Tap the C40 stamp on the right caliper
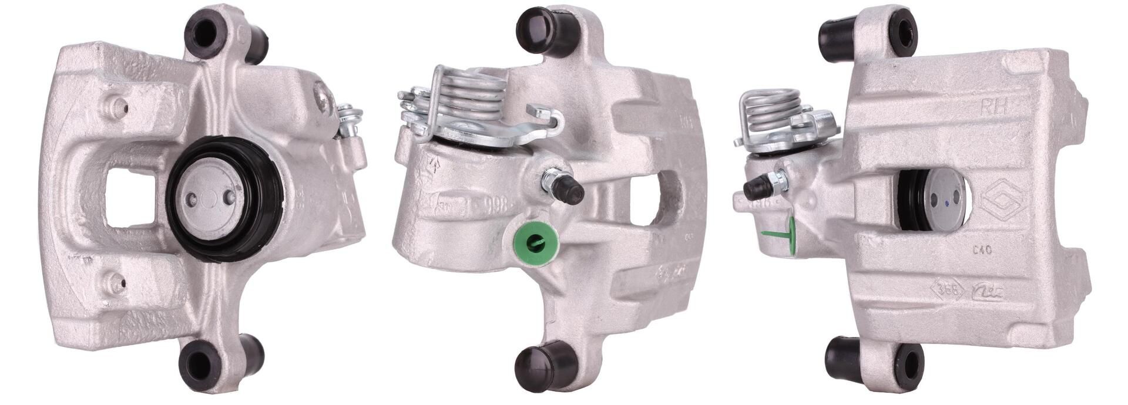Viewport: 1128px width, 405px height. [981, 249]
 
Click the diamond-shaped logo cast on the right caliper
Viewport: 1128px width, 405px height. [1003, 201]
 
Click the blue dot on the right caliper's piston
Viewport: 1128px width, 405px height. [946, 203]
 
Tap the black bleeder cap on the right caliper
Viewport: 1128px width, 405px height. [756, 188]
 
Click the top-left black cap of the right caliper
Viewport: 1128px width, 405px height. [836, 36]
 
